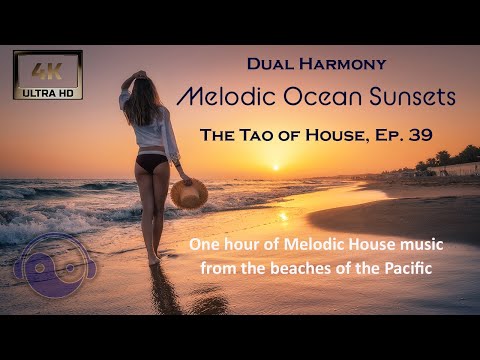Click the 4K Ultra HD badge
point(47,75)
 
